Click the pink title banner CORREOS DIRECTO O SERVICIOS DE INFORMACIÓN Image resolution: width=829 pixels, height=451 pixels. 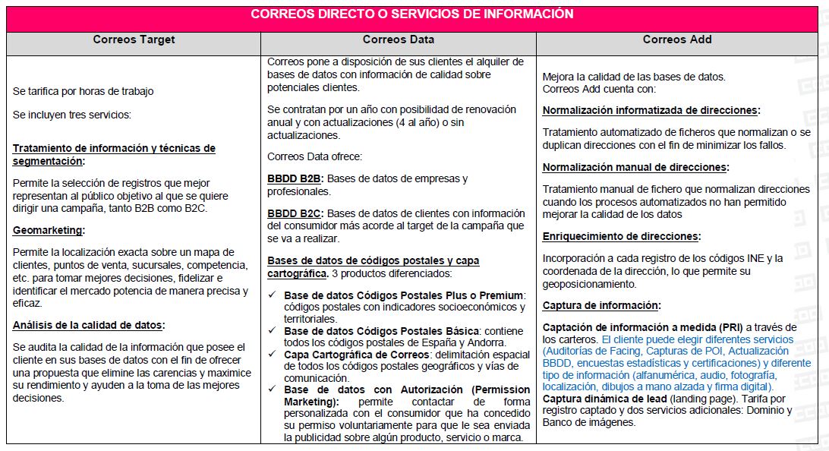click(x=412, y=14)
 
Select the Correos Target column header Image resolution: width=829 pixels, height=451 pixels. click(x=134, y=39)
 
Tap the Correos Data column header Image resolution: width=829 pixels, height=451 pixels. click(x=399, y=39)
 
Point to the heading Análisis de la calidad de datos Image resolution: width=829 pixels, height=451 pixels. click(x=88, y=325)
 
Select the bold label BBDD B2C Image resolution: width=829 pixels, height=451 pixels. click(x=295, y=213)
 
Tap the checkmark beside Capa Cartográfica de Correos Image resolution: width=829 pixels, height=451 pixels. click(x=272, y=355)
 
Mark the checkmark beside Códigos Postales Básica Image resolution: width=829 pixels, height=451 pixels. click(x=272, y=331)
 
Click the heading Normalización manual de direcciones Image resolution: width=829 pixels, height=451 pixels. click(x=635, y=167)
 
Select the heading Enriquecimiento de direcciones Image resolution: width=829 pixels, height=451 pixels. click(x=621, y=236)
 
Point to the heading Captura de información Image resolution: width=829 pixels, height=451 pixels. click(x=601, y=305)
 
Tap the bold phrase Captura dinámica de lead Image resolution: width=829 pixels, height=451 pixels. click(x=605, y=399)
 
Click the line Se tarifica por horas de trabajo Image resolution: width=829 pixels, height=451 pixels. click(x=83, y=91)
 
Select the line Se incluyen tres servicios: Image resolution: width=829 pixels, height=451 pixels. click(x=72, y=115)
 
